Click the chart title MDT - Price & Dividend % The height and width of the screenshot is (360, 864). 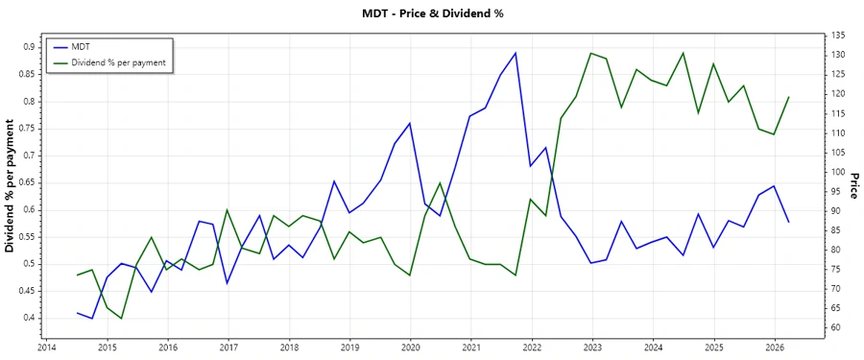pyautogui.click(x=432, y=13)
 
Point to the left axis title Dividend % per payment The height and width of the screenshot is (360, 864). pyautogui.click(x=11, y=185)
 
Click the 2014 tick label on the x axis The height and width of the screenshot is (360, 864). pyautogui.click(x=46, y=348)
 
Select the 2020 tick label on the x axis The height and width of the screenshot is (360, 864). pyautogui.click(x=410, y=348)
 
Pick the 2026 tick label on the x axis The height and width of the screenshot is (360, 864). pyautogui.click(x=775, y=348)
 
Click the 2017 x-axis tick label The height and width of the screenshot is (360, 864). pyautogui.click(x=228, y=348)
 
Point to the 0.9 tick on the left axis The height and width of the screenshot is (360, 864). pyautogui.click(x=29, y=47)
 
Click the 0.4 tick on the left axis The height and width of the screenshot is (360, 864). pyautogui.click(x=29, y=318)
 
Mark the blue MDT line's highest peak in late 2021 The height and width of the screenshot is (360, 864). pyautogui.click(x=516, y=53)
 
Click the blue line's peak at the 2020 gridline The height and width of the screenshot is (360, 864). pyautogui.click(x=410, y=123)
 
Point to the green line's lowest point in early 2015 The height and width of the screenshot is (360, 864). pyautogui.click(x=122, y=319)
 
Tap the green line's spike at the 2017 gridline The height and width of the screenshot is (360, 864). pyautogui.click(x=228, y=209)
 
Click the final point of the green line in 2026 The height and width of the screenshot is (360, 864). pyautogui.click(x=789, y=97)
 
